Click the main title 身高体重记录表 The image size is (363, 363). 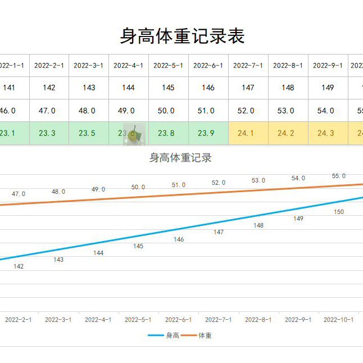coord(182,36)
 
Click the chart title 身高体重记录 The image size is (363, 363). coord(180,158)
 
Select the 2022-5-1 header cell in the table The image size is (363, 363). coord(168,66)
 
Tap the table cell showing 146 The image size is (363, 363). coord(208,88)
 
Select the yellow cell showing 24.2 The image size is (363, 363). coord(288,134)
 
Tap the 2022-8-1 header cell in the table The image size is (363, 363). coord(288,66)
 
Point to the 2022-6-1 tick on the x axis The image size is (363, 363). coord(178,320)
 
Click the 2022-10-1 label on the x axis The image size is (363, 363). coord(339,320)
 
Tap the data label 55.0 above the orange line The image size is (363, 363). coord(339,176)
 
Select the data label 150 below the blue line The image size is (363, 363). coord(339,212)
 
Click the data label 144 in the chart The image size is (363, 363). coord(98,253)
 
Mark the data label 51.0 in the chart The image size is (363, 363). coord(179,185)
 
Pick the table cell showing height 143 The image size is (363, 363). coord(89,88)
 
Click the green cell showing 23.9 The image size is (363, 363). coord(208,134)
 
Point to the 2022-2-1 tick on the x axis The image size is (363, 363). coord(18,320)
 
